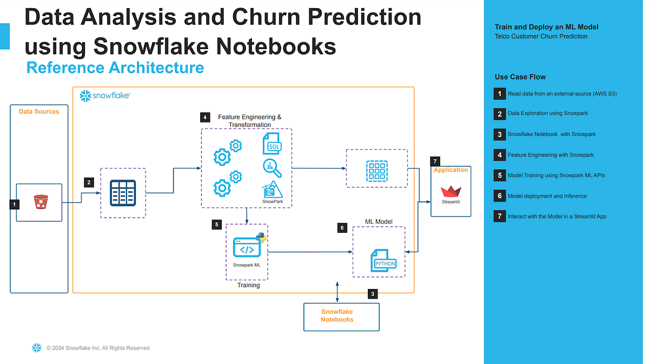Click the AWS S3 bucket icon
(39, 203)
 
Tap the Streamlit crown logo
(451, 192)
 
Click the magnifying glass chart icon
(272, 168)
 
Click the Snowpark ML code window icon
(247, 248)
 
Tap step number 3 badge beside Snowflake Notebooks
(372, 294)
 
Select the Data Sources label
(39, 111)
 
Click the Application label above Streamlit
(451, 170)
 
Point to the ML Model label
(379, 221)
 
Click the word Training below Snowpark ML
(248, 285)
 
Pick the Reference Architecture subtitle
(115, 68)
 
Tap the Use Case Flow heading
(520, 77)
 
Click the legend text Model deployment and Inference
(547, 196)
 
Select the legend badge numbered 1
(500, 93)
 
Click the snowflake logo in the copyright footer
(37, 348)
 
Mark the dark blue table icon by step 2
(123, 193)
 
